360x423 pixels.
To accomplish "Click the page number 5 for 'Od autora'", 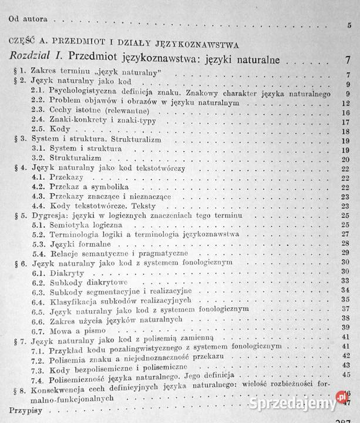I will click(x=349, y=25).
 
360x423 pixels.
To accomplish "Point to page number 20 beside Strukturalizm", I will click(x=346, y=159).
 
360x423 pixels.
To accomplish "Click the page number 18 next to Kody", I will click(x=346, y=131).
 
